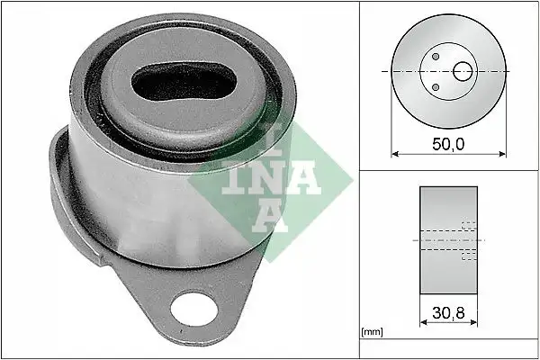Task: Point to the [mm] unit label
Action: point(371,332)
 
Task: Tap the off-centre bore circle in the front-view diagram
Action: point(463,71)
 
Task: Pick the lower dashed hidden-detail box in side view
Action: point(467,257)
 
